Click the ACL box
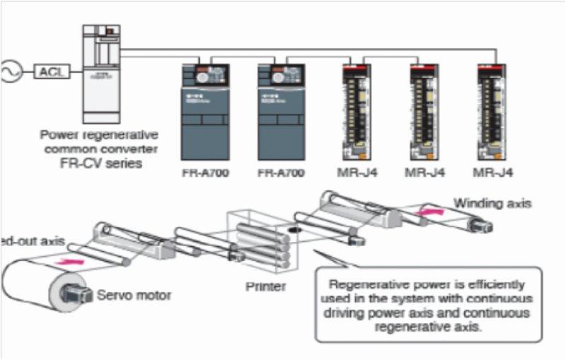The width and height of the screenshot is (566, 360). point(52,71)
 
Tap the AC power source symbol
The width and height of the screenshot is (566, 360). point(10,71)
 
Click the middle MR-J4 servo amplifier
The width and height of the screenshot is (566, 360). point(424,110)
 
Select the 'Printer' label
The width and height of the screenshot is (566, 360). point(265,286)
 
